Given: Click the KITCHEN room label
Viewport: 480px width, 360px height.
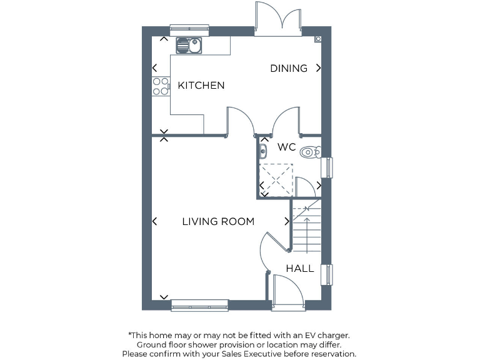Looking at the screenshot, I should coord(201,86).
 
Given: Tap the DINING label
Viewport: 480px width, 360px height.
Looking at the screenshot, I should coord(289,68).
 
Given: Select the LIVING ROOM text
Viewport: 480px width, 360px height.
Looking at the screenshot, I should coord(218,221).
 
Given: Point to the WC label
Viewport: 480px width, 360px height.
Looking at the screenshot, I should coord(287,147).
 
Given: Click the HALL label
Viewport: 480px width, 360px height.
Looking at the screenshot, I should coord(300,269).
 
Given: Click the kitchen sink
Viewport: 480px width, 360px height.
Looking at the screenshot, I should coord(188,45).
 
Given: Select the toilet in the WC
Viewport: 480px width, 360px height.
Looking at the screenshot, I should coord(310,152).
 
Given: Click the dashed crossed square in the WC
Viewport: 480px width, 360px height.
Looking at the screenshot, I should coord(276,179).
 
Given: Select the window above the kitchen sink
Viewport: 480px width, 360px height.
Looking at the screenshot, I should coord(189,28).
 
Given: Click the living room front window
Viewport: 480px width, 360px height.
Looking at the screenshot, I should coord(200,306).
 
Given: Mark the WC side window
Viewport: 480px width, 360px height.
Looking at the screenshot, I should coord(326,167).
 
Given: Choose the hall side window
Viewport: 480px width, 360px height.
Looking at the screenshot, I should coord(326,274).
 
